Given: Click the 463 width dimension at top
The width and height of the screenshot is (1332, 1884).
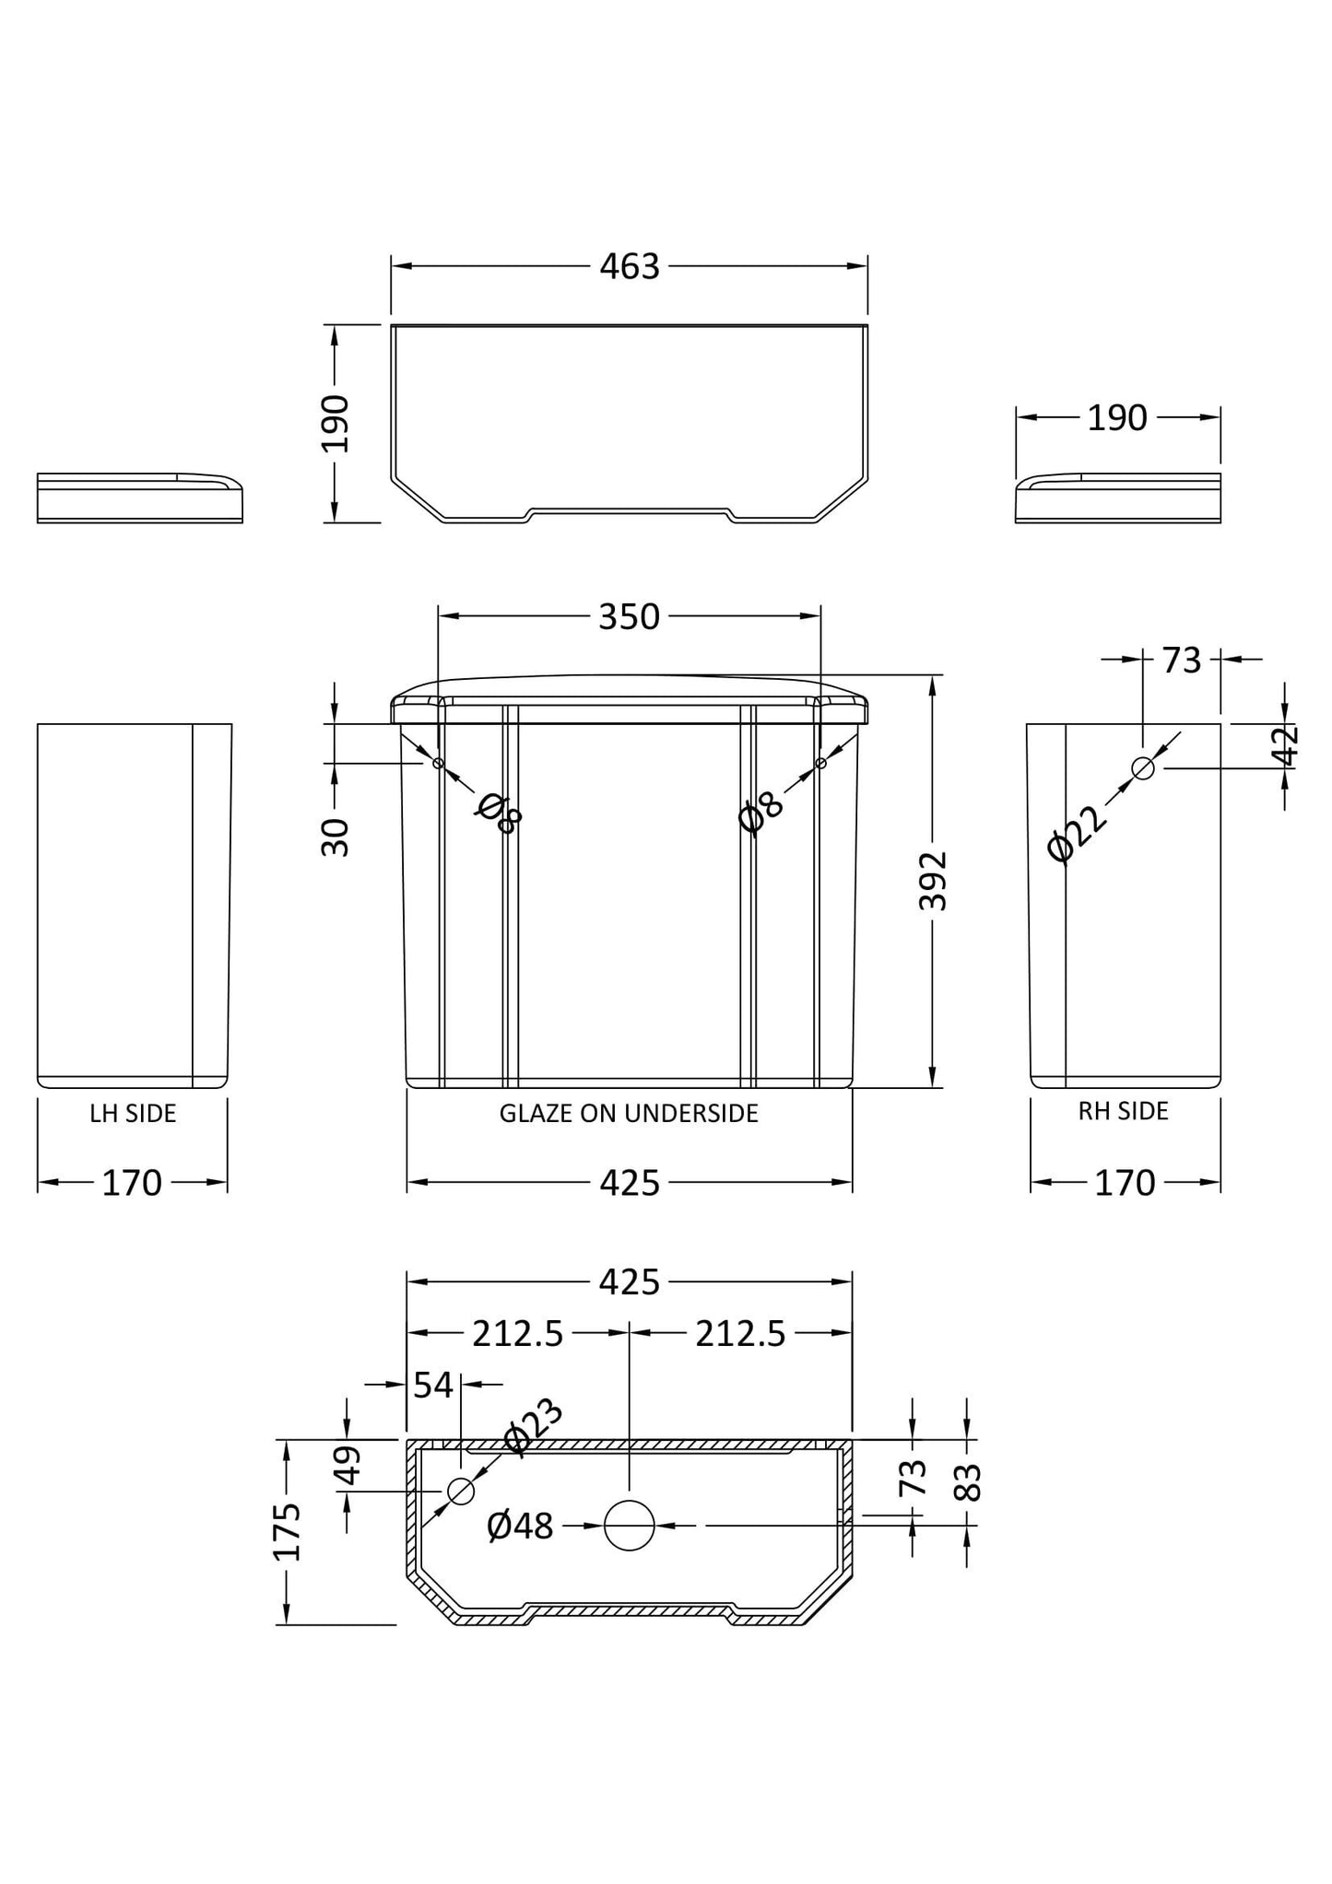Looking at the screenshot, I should click(x=630, y=266).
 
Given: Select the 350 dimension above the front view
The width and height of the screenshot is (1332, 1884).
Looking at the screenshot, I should click(x=629, y=616).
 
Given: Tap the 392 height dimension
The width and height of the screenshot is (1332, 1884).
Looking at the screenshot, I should click(x=933, y=881).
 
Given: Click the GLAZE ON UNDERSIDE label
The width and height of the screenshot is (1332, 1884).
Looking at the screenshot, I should click(x=629, y=1113).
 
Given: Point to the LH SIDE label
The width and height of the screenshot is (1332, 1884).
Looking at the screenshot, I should click(x=133, y=1113).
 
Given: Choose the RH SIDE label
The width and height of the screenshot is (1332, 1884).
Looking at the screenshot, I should click(x=1123, y=1111).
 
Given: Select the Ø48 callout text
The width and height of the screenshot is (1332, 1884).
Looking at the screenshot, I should click(x=520, y=1527).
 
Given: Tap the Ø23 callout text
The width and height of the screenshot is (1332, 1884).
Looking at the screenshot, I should click(x=533, y=1427).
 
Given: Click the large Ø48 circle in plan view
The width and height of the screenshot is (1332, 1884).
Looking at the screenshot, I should click(x=630, y=1526).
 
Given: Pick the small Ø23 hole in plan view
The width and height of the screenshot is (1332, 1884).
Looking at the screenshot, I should click(x=460, y=1491).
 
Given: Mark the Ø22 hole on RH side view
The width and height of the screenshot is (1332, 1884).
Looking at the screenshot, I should click(x=1143, y=767).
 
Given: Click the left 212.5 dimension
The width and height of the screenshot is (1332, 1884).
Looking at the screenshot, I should click(x=517, y=1333).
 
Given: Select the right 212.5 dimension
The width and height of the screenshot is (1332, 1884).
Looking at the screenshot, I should click(x=740, y=1333).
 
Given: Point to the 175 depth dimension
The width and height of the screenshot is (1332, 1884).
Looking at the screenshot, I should click(x=287, y=1531).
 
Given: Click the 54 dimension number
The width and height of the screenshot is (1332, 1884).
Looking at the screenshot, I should click(x=433, y=1385).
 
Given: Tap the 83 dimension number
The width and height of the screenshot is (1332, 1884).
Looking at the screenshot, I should click(x=968, y=1482).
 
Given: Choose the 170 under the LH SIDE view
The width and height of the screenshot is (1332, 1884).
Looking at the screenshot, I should click(x=132, y=1182).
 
